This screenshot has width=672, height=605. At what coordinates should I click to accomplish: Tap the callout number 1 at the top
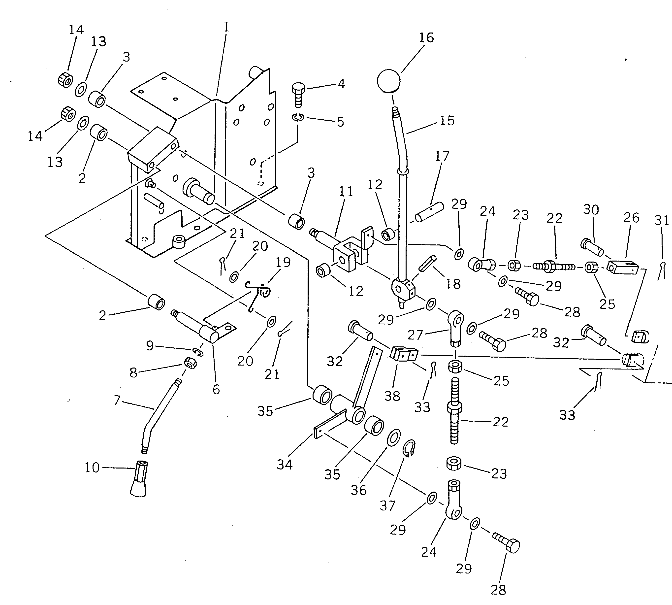click(x=226, y=27)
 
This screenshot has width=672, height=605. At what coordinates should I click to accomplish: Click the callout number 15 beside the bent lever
click(x=447, y=121)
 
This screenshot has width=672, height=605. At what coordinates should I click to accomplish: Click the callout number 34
click(x=285, y=465)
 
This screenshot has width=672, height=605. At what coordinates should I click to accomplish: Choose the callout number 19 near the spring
click(x=283, y=263)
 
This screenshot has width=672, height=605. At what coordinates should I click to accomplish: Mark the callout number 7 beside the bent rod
click(x=117, y=401)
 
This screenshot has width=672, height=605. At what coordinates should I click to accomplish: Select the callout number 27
click(x=416, y=335)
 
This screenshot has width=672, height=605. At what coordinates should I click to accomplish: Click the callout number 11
click(x=346, y=192)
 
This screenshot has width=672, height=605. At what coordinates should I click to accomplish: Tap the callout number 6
click(x=216, y=390)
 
